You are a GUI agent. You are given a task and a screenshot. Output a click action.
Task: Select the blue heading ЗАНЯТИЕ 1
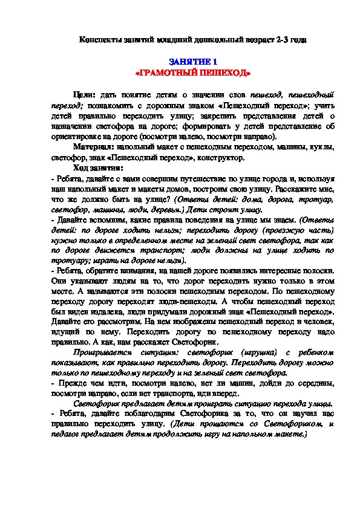pyautogui.click(x=192, y=62)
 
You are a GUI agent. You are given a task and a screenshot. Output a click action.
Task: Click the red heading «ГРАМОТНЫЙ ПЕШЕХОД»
pyautogui.click(x=192, y=73)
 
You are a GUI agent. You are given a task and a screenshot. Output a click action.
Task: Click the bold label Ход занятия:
pyautogui.click(x=97, y=167)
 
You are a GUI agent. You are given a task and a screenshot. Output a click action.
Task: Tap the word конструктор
pyautogui.click(x=223, y=157)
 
